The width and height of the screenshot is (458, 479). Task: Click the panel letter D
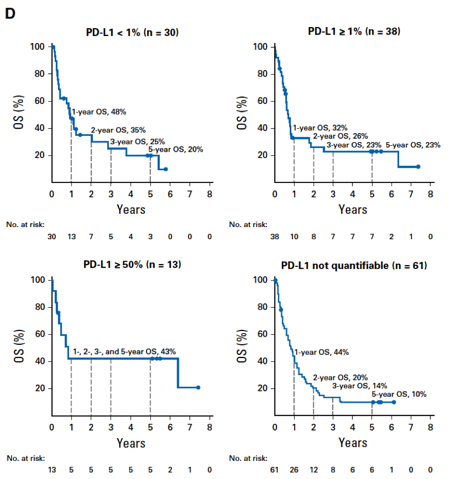point(10,13)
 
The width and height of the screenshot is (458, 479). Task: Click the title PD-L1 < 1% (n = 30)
point(132,32)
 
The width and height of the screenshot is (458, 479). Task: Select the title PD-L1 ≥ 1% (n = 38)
point(354,31)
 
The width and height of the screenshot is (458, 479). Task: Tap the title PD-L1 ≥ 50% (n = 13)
point(132,264)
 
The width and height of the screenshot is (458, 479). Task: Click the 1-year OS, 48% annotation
point(99,112)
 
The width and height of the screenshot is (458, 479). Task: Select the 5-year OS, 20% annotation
point(176,150)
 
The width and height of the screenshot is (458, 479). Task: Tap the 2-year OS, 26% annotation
point(340,136)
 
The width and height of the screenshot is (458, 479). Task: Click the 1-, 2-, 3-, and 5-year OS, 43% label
point(124,352)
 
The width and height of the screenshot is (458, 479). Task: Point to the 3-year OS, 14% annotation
point(360,386)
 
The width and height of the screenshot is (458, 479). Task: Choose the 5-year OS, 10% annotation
point(399,394)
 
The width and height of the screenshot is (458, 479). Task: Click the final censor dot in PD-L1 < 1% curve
point(166,169)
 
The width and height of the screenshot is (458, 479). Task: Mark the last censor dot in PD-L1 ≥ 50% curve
point(198,387)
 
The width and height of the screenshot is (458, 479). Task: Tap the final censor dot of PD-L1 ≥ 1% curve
point(418,167)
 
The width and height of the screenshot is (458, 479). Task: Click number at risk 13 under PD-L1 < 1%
point(72,237)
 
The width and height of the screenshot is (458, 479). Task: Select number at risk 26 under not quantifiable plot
point(294,470)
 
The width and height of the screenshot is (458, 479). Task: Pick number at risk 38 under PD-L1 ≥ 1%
point(275,237)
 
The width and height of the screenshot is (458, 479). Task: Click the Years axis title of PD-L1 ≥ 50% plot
point(131,443)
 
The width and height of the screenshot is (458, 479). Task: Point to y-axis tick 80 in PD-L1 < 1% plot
point(40,74)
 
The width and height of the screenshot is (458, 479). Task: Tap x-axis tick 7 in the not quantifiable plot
point(411,427)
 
